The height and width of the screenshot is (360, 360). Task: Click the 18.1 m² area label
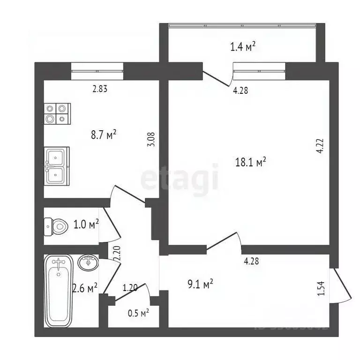click(250, 162)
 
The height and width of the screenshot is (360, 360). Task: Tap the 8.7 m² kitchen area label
click(103, 135)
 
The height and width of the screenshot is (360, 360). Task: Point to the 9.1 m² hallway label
click(201, 284)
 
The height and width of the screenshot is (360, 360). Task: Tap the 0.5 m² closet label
click(138, 312)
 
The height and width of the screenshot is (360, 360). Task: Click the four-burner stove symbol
click(57, 114)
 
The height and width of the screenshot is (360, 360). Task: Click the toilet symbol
click(55, 227)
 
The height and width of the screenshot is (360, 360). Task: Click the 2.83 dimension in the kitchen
click(100, 89)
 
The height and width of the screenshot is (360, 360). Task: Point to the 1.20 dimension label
click(130, 288)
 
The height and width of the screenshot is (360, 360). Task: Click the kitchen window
click(97, 71)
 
